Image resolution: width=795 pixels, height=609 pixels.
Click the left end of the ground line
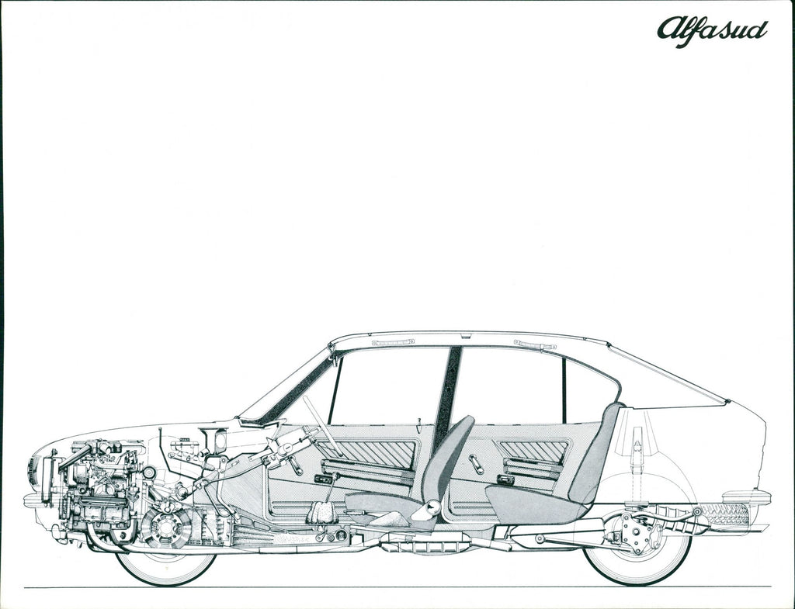(x=24, y=588)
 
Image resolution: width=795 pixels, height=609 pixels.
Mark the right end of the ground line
(x=771, y=587)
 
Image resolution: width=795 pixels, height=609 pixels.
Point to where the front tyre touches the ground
(x=166, y=587)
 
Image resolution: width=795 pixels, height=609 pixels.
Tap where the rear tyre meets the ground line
(x=637, y=587)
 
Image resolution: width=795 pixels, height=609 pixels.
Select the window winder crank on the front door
(x=295, y=465)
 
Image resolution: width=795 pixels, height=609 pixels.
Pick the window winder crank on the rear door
(x=476, y=464)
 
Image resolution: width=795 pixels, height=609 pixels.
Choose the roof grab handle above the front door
(x=393, y=342)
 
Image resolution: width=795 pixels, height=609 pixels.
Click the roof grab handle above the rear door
(x=535, y=344)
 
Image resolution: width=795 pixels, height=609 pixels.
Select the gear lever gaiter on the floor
(x=321, y=512)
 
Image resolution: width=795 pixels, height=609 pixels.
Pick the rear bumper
(x=746, y=497)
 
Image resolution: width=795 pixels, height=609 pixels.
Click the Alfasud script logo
(x=713, y=32)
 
